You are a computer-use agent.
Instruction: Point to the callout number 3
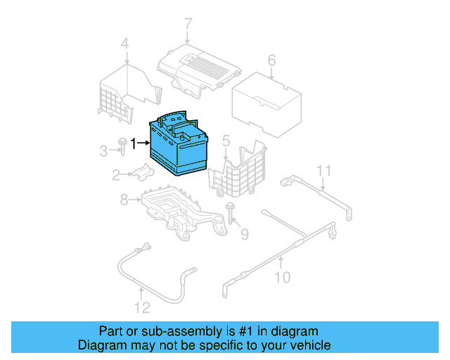click(x=103, y=150)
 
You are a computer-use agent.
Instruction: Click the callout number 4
click(x=124, y=46)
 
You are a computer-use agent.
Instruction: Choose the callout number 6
click(x=271, y=60)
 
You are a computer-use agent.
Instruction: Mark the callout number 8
click(x=124, y=200)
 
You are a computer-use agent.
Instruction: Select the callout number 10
click(x=281, y=277)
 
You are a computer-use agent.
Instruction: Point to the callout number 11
click(x=323, y=171)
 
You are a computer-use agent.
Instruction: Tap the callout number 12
click(x=141, y=307)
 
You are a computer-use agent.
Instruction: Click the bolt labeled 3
click(x=124, y=145)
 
